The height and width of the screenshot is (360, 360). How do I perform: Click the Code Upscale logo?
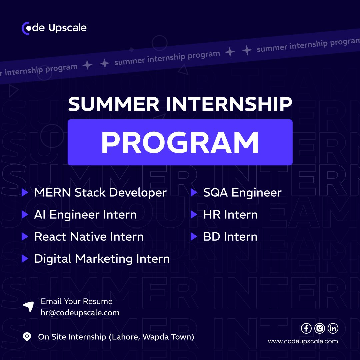(54, 28)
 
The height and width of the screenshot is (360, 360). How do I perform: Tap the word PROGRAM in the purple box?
(180, 142)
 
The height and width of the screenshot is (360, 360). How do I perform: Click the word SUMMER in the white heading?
(114, 104)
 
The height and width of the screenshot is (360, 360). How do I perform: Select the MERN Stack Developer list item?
(100, 192)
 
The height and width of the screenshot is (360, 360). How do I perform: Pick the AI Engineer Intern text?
(85, 214)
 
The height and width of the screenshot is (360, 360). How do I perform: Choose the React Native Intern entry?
(89, 236)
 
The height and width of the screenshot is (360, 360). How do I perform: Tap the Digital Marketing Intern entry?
(102, 259)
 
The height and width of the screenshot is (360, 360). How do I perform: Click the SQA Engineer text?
(242, 192)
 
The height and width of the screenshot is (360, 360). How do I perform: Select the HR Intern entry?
(230, 214)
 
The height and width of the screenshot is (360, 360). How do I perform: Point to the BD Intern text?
(230, 236)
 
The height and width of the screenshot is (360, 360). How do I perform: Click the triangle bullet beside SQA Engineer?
(194, 192)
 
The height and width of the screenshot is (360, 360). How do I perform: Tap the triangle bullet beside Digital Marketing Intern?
(25, 259)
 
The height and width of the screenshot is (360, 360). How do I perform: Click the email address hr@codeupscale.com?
(80, 313)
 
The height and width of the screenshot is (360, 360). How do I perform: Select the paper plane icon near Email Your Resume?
(29, 307)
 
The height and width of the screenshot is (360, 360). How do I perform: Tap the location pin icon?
(27, 337)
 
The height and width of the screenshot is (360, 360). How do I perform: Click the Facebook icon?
(306, 328)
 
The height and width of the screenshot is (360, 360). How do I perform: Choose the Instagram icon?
(320, 328)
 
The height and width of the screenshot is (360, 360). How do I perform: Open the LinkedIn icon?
(333, 328)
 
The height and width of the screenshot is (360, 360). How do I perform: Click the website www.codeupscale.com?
(303, 341)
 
